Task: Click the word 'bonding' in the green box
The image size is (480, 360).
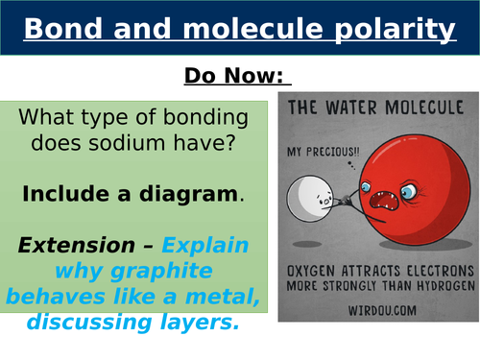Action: pos(197,120)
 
